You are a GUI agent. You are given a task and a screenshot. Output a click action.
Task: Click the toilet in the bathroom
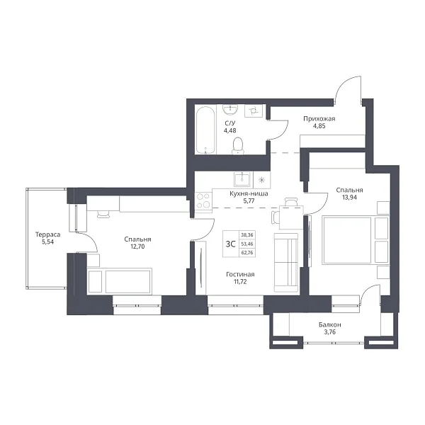tap(238, 145)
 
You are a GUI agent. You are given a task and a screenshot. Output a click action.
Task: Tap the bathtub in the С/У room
tap(205, 130)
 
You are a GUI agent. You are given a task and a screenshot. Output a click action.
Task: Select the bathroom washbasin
tap(230, 110)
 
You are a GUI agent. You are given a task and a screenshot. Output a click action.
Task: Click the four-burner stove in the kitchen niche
tap(203, 200)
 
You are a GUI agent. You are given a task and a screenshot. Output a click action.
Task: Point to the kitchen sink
tap(243, 179)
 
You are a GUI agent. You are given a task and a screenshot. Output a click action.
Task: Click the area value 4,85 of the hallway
tap(319, 126)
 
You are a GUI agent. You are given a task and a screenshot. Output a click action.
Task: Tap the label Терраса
tap(47, 234)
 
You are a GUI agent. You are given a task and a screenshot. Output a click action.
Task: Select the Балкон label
tap(330, 324)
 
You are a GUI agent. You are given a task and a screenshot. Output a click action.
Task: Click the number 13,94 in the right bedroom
tap(349, 198)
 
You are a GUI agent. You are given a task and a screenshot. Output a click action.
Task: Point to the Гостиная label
tap(240, 274)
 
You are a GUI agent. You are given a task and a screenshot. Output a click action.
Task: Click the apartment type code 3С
tap(230, 244)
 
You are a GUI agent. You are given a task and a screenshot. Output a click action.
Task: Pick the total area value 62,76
tap(247, 253)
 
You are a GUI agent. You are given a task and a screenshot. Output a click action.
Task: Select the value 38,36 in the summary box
tap(247, 235)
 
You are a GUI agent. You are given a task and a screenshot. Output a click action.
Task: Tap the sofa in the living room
tap(286, 262)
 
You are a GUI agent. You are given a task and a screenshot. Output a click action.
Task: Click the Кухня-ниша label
tap(249, 193)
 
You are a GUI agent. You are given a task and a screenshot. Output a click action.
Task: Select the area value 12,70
tap(137, 246)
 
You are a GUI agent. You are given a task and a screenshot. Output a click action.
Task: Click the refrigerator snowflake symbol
tap(261, 179)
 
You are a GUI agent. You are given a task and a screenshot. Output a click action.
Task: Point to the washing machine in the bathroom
tap(254, 111)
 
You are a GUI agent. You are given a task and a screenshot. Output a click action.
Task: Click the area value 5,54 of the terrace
tap(47, 242)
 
